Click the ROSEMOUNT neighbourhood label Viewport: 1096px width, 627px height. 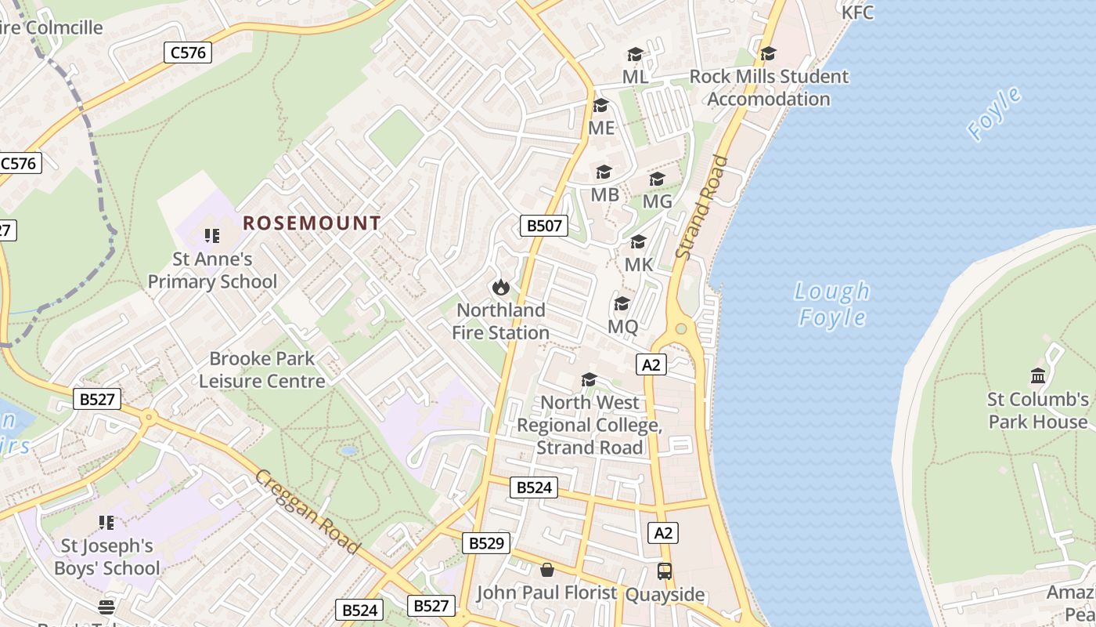click(312, 223)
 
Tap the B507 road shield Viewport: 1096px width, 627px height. click(543, 227)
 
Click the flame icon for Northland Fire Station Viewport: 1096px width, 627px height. click(501, 288)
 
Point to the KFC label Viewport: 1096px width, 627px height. click(857, 13)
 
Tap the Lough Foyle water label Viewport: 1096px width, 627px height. click(831, 304)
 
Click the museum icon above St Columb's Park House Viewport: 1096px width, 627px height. click(1038, 376)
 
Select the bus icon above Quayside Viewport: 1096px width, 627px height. click(665, 571)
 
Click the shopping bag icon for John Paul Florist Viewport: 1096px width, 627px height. click(547, 570)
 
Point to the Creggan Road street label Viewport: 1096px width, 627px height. click(308, 511)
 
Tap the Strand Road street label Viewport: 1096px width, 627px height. click(701, 208)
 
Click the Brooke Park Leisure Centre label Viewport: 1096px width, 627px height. click(261, 370)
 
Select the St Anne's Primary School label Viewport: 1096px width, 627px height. click(212, 270)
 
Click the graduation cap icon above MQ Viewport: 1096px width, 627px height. click(622, 303)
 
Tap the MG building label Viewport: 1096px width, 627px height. click(657, 201)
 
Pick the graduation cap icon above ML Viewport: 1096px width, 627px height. click(635, 54)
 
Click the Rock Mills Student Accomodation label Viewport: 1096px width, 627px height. click(768, 88)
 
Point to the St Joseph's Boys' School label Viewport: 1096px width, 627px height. click(106, 556)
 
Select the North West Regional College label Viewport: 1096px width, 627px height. click(589, 425)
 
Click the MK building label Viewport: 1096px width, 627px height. click(639, 265)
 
